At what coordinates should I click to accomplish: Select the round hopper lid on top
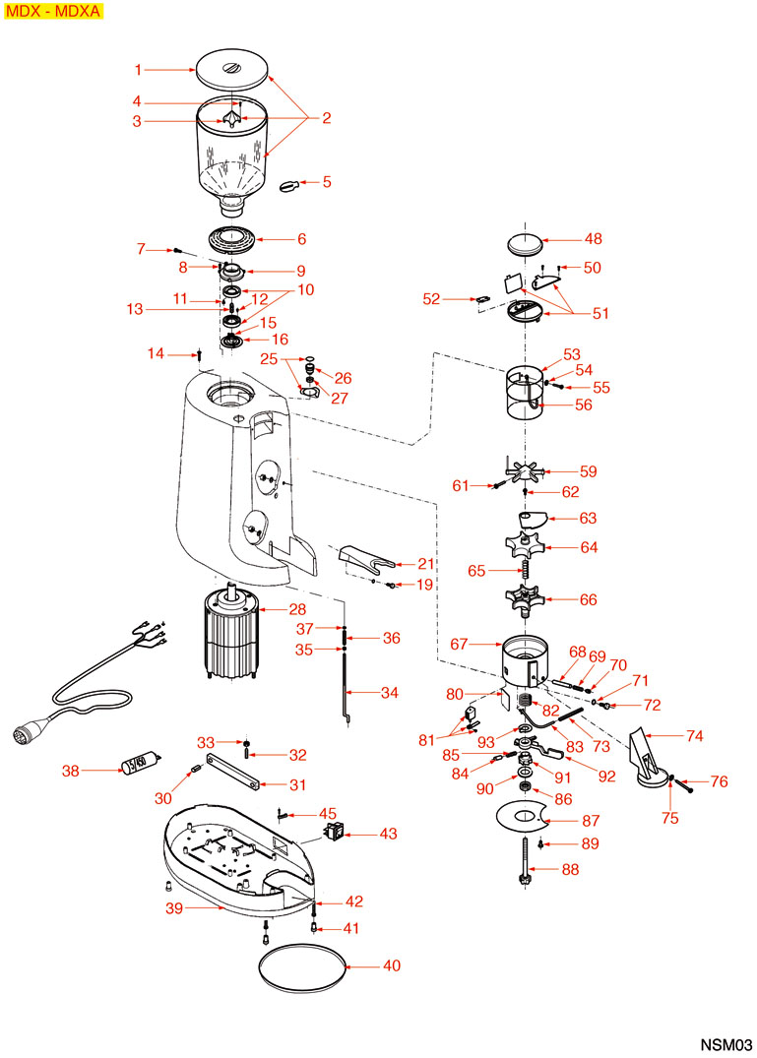pos(232,71)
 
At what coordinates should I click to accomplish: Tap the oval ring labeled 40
pos(302,966)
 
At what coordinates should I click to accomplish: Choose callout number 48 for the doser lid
pos(594,239)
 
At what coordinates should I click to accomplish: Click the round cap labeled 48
pos(526,242)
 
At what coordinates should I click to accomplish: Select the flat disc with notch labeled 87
pos(526,815)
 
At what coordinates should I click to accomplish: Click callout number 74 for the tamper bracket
pos(696,734)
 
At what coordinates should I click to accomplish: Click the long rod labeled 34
pos(347,689)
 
